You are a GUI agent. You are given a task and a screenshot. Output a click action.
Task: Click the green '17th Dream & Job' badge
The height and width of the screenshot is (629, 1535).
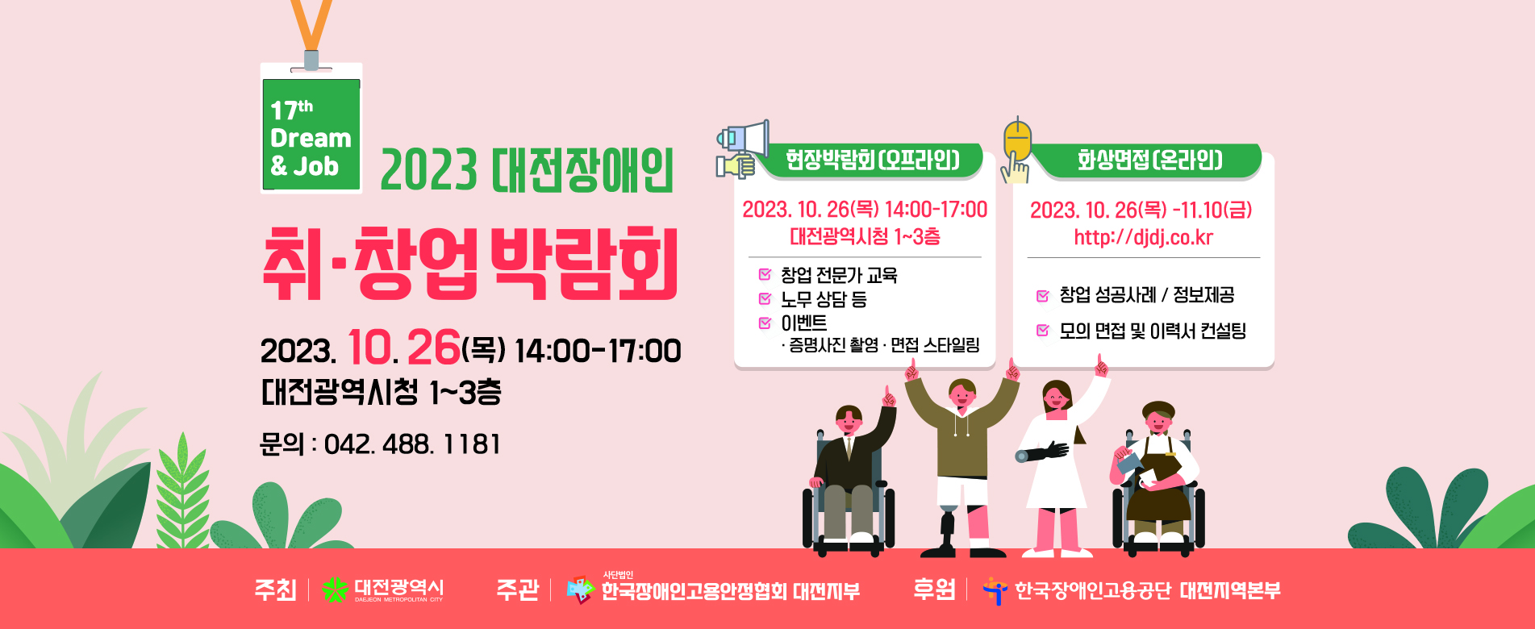pos(311,129)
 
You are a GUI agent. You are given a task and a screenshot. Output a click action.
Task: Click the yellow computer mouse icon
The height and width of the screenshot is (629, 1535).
pos(1017,142)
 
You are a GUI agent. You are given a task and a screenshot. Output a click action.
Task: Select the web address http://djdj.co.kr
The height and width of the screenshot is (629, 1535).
pos(1143,237)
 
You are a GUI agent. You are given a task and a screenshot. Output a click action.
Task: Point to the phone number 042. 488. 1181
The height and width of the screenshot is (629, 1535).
pos(412,444)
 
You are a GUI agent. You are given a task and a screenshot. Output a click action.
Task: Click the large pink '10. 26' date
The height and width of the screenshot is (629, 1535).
pos(403,348)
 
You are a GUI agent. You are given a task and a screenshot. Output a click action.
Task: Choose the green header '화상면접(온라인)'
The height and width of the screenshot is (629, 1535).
pos(1150,160)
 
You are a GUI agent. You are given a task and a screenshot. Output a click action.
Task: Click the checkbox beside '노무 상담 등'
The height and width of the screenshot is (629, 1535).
pos(765,298)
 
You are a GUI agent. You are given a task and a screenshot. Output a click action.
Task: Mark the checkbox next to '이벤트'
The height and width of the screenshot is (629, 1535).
pos(765,323)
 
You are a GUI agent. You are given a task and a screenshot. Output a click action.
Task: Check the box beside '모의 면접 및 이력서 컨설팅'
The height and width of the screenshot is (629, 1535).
pos(1043,330)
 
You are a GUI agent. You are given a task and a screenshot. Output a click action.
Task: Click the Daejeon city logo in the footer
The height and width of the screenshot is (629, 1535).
pos(335,590)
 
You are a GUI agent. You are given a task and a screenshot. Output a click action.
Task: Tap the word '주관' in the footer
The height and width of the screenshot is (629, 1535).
pos(518,589)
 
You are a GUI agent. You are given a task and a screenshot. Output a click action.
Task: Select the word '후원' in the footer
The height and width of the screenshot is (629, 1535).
pos(934,589)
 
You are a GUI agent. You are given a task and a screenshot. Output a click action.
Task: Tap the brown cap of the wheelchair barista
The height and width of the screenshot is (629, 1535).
pos(1158,409)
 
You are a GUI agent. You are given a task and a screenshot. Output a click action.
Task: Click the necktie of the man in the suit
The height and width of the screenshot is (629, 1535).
pos(849,448)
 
